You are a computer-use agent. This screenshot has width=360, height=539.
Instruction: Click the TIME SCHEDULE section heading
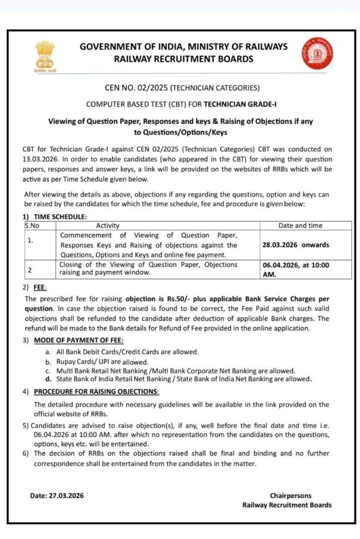[60, 216]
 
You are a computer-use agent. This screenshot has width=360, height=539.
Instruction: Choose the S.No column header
[33, 225]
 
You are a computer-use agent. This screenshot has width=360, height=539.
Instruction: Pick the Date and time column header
[300, 225]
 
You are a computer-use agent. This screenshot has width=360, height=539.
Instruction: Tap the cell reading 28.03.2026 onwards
[295, 245]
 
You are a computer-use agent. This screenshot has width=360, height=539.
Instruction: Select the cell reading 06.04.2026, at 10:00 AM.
[296, 269]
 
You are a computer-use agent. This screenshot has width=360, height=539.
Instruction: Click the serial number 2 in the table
[29, 270]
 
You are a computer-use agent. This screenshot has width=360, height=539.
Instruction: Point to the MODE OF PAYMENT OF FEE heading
[79, 340]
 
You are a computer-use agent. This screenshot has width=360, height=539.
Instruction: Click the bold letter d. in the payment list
[48, 378]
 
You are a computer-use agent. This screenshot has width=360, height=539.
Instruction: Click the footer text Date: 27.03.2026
[57, 495]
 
